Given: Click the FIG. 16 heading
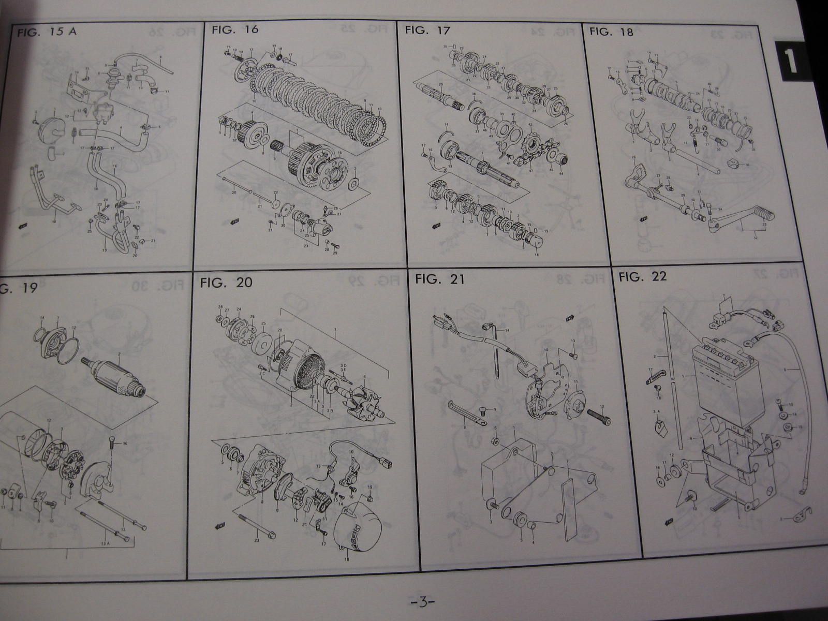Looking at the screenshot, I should click(235, 29).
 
